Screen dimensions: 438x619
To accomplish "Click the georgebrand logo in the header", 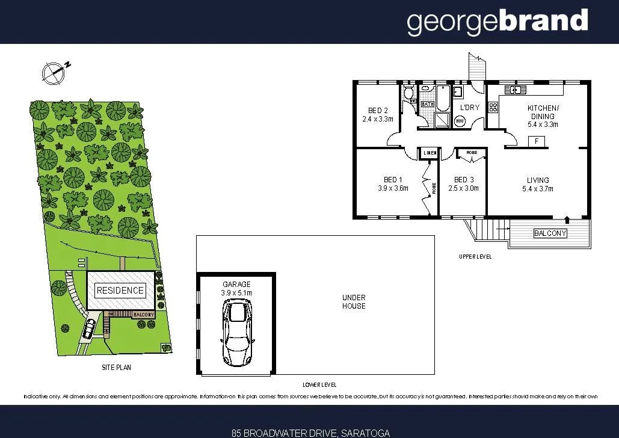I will (x=497, y=22).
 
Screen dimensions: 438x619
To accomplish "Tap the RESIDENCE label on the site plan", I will (x=120, y=290).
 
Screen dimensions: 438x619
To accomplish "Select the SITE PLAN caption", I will (x=116, y=367).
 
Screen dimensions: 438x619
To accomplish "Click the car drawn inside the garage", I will (x=237, y=333).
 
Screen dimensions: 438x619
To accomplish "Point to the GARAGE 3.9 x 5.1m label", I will (x=236, y=288).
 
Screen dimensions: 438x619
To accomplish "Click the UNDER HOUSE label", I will (x=354, y=301).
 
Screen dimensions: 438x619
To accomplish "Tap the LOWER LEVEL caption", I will (x=319, y=384).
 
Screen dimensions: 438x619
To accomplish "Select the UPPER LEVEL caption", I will (x=475, y=256).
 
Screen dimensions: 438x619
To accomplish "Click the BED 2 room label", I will (x=377, y=114).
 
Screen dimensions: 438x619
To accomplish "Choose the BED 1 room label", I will (x=393, y=184).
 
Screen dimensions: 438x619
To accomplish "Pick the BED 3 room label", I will (x=464, y=184).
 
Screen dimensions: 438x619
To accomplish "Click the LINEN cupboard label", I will (x=429, y=153).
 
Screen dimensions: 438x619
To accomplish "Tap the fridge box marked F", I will (x=536, y=142).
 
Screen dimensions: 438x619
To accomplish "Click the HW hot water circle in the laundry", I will (x=460, y=121).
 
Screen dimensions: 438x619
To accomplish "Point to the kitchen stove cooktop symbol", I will (x=493, y=108).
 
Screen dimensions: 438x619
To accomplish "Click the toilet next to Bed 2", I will (x=408, y=93).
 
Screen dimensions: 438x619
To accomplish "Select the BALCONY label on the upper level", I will (x=550, y=233).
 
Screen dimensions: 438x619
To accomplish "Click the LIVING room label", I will (x=538, y=184).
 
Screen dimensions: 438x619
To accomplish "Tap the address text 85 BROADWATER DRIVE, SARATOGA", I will (x=310, y=433).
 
